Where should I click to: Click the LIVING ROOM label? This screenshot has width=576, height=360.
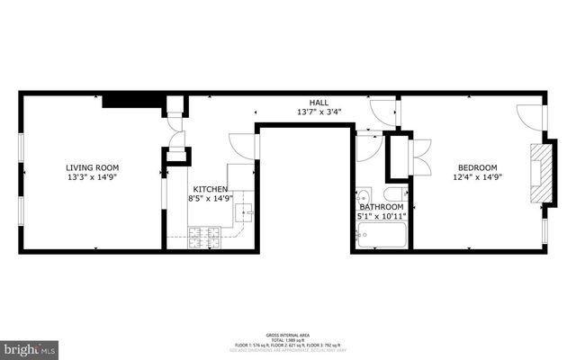tap(92, 167)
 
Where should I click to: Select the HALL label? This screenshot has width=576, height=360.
tap(319, 103)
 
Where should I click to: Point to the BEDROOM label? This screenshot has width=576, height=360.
tap(477, 167)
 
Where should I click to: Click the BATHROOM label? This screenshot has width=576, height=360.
tap(382, 207)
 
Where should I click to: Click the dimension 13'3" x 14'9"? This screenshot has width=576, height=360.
tap(92, 177)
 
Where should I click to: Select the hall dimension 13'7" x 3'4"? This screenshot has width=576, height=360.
tap(319, 112)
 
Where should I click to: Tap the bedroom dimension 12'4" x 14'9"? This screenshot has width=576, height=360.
tap(477, 177)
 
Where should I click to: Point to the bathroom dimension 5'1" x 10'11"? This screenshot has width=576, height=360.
tap(382, 217)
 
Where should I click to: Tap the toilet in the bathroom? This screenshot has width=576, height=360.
tap(395, 194)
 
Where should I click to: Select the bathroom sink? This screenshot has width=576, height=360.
tap(362, 195)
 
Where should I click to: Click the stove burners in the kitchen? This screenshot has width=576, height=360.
tap(203, 238)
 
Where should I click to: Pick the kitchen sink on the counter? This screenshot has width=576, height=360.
tap(243, 212)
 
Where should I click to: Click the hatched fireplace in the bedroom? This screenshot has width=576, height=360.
tap(538, 173)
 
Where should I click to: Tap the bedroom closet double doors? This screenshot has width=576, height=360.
tap(420, 157)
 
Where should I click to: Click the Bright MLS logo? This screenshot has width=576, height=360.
tap(29, 346)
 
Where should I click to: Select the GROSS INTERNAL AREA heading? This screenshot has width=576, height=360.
tap(287, 333)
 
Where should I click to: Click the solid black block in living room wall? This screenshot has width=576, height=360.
tap(131, 100)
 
